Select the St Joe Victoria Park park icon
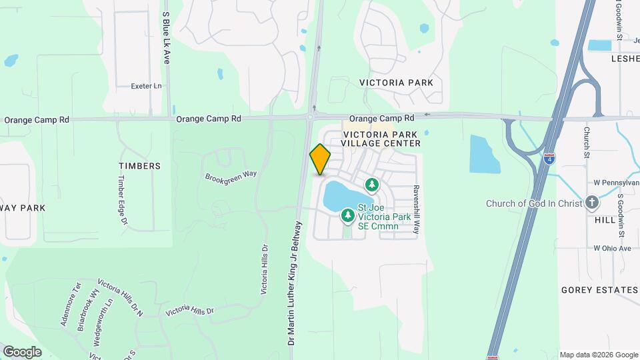[347, 215]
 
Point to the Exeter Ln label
[147, 86]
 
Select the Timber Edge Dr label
[122, 199]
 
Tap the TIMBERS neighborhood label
[139, 166]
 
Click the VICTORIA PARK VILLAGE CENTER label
[381, 138]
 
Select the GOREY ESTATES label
[599, 290]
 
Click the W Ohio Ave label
[612, 248]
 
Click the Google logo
[22, 352]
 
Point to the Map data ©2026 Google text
[598, 355]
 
